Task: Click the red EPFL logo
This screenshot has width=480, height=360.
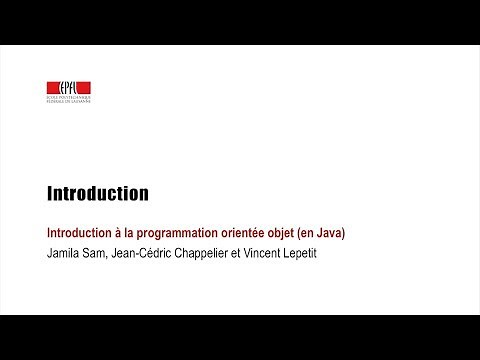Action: click(69, 87)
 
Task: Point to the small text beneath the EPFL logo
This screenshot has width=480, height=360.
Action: click(69, 100)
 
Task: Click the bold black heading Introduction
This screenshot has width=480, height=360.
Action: click(98, 193)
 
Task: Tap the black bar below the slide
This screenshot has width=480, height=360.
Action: click(240, 337)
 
